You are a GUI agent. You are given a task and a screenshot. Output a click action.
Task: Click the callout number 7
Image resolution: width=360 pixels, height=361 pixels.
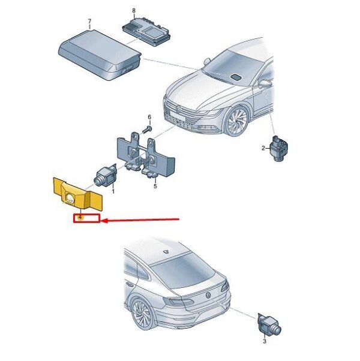pyautogui.click(x=89, y=22)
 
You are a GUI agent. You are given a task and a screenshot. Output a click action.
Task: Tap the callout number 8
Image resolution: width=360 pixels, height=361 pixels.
pyautogui.click(x=134, y=11)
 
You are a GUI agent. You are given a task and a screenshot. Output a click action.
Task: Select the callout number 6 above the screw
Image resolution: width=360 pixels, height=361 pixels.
pyautogui.click(x=149, y=117)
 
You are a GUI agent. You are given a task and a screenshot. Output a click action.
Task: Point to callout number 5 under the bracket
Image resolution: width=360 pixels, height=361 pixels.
pyautogui.click(x=155, y=186)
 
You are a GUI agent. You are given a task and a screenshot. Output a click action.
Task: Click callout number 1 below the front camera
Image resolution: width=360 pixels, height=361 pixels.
pyautogui.click(x=113, y=191)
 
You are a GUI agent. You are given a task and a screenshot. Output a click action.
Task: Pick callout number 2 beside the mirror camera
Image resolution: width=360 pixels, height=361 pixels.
pyautogui.click(x=263, y=148)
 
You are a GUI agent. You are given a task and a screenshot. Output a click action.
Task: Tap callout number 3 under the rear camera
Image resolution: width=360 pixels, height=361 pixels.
pyautogui.click(x=265, y=341)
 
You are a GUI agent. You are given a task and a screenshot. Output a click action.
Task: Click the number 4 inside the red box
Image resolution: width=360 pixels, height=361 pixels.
pyautogui.click(x=80, y=217)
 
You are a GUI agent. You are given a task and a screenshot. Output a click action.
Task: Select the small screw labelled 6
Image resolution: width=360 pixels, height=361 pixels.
pyautogui.click(x=146, y=130)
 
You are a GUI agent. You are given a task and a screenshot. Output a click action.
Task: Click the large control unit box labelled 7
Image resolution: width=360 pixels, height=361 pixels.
pyautogui.click(x=100, y=55)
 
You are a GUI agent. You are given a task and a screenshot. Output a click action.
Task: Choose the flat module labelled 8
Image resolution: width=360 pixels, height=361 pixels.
pyautogui.click(x=146, y=30)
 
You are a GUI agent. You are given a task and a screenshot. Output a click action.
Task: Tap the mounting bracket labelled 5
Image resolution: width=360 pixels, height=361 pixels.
pyautogui.click(x=145, y=155)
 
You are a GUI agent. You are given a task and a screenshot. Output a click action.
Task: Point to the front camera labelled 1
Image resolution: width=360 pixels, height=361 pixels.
pyautogui.click(x=105, y=176)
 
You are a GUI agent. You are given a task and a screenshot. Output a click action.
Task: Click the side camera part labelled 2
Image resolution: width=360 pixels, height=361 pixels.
pyautogui.click(x=278, y=148)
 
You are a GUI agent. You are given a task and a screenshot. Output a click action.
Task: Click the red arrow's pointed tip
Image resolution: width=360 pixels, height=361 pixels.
pyautogui.click(x=101, y=221)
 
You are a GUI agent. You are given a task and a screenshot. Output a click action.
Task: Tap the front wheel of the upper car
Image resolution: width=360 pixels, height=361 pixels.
pyautogui.click(x=237, y=121)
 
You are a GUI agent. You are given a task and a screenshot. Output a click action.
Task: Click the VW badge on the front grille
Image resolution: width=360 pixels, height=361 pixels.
pyautogui.click(x=178, y=109)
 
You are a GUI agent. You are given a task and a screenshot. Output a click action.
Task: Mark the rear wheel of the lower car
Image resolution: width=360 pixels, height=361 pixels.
pyautogui.click(x=143, y=315)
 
